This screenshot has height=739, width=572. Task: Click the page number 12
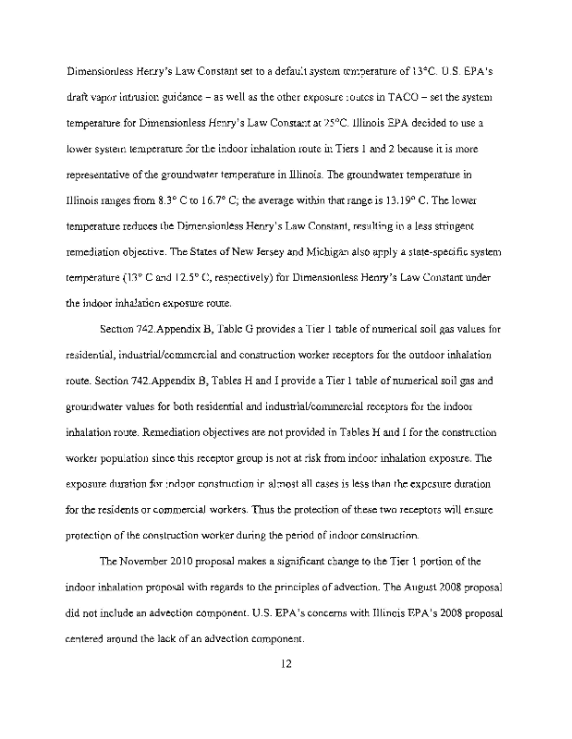tap(286, 661)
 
